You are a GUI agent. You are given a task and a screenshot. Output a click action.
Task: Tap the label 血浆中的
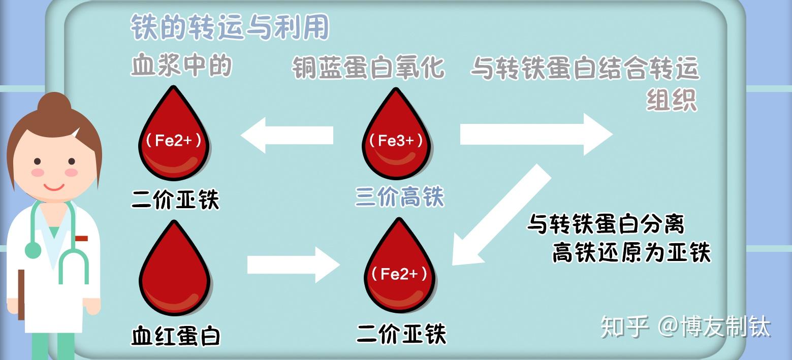(x=181, y=66)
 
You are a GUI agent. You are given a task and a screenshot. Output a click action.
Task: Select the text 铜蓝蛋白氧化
(x=368, y=68)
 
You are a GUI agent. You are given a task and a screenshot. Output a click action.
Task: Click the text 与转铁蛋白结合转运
(x=585, y=68)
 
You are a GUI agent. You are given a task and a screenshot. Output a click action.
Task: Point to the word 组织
(x=671, y=100)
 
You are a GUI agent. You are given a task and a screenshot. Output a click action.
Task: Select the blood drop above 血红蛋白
(x=174, y=272)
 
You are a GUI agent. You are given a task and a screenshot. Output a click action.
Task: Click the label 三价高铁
(x=399, y=197)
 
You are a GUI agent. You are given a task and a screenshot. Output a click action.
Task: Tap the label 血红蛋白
(x=176, y=336)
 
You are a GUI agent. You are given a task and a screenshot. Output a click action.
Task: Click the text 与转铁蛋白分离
(x=605, y=224)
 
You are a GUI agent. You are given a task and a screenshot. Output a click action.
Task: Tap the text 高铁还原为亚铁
(x=631, y=252)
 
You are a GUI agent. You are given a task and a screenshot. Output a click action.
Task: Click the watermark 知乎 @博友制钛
(x=685, y=326)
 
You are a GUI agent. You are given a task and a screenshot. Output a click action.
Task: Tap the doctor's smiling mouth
(x=54, y=185)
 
